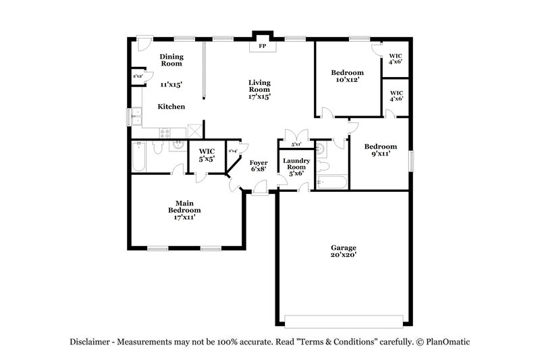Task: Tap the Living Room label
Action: (x=260, y=89)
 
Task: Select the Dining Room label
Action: (x=171, y=61)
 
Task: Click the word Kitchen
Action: (x=171, y=107)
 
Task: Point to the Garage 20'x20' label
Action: (x=343, y=251)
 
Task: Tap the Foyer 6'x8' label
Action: (x=259, y=166)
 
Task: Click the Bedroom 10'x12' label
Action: (x=347, y=76)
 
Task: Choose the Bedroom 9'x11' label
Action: (x=379, y=150)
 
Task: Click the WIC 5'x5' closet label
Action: (x=207, y=155)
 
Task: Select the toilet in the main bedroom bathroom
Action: (x=157, y=147)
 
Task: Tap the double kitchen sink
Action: (x=135, y=118)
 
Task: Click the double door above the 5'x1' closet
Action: (x=296, y=134)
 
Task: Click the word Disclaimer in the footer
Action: (x=92, y=342)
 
